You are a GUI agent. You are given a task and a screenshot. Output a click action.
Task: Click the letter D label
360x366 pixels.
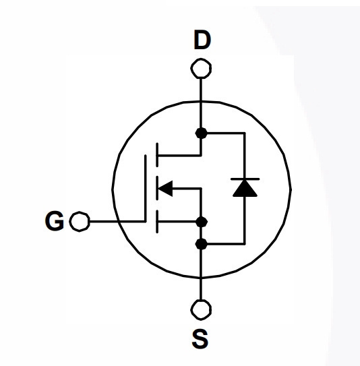[202, 40]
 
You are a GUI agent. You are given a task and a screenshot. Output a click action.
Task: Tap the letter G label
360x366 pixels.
[55, 221]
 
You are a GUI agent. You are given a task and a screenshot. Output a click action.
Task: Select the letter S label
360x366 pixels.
[200, 338]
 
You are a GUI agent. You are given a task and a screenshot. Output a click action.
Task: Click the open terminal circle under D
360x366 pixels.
[201, 68]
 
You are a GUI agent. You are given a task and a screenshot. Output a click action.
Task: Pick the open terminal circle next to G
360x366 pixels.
[80, 222]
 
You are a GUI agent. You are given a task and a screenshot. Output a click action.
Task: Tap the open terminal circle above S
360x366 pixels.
[201, 310]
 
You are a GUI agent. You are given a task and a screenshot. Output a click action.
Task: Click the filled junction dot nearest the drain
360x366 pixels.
[201, 133]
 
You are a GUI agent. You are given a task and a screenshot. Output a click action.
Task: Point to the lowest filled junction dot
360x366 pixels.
[201, 244]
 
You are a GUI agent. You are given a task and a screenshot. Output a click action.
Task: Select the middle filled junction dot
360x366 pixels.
[202, 222]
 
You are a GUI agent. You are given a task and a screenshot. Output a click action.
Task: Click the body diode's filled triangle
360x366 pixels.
[245, 188]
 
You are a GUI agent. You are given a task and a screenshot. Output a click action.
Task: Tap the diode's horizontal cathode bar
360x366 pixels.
[245, 179]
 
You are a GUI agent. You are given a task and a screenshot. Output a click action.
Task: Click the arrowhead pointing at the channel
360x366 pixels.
[166, 188]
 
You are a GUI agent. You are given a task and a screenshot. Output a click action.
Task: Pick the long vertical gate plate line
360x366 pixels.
[146, 188]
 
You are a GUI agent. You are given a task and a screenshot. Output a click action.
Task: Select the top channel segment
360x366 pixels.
[157, 154]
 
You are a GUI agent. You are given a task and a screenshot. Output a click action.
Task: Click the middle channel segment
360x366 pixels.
[157, 188]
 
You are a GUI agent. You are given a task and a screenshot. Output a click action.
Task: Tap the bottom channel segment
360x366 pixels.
[157, 222]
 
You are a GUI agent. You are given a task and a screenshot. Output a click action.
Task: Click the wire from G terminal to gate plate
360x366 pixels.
[118, 221]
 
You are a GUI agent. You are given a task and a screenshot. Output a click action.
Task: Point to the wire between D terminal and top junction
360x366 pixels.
[201, 103]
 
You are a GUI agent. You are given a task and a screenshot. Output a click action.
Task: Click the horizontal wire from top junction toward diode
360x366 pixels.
[226, 133]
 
